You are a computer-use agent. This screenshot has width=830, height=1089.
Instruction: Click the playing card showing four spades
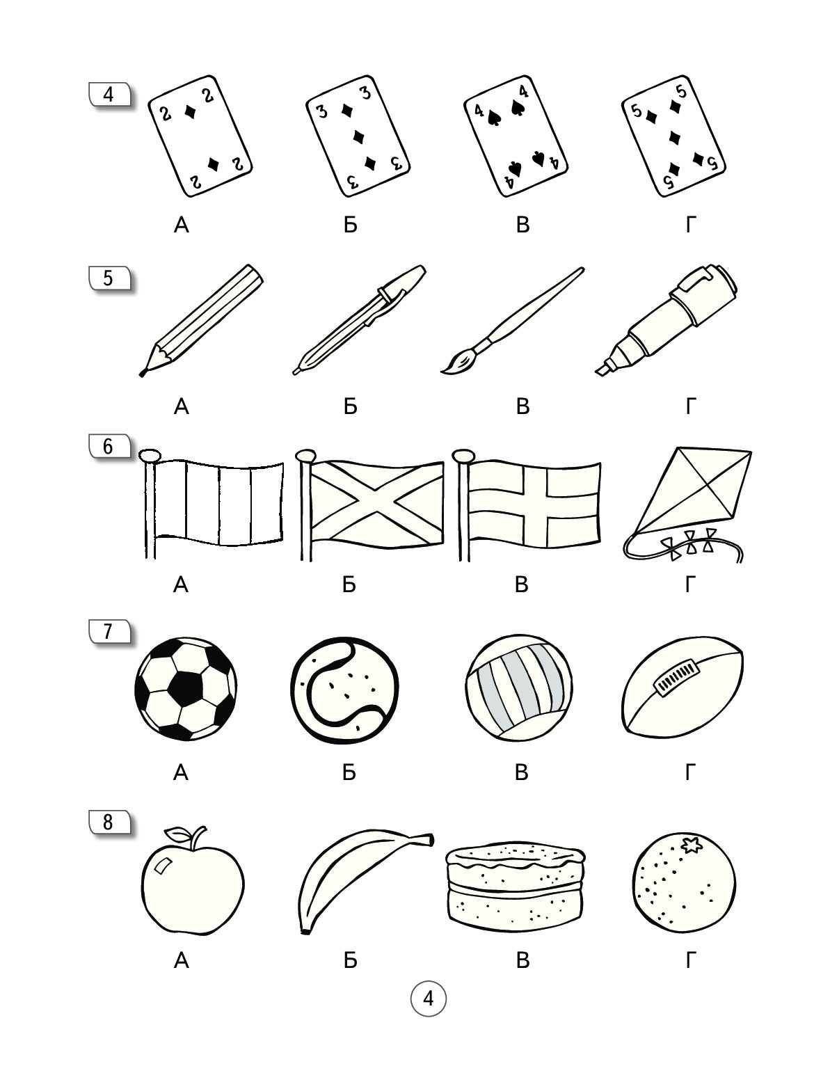click(x=516, y=136)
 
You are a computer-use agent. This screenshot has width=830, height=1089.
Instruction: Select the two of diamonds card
click(x=200, y=136)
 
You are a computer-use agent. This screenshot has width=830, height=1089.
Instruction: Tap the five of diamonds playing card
click(x=673, y=136)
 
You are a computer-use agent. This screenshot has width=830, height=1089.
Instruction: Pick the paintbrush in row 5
click(x=512, y=321)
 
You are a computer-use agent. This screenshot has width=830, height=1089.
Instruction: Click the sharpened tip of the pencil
click(x=142, y=374)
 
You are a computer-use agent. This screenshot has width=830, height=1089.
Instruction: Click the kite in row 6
click(x=687, y=504)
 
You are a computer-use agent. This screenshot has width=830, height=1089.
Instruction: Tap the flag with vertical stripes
click(x=211, y=504)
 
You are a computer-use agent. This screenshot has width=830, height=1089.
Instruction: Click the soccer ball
click(x=186, y=689)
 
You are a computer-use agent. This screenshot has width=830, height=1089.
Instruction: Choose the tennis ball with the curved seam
click(x=344, y=690)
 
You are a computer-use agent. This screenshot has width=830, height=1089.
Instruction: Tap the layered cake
click(x=515, y=886)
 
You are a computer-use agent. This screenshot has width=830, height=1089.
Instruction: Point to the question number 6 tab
click(x=109, y=446)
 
